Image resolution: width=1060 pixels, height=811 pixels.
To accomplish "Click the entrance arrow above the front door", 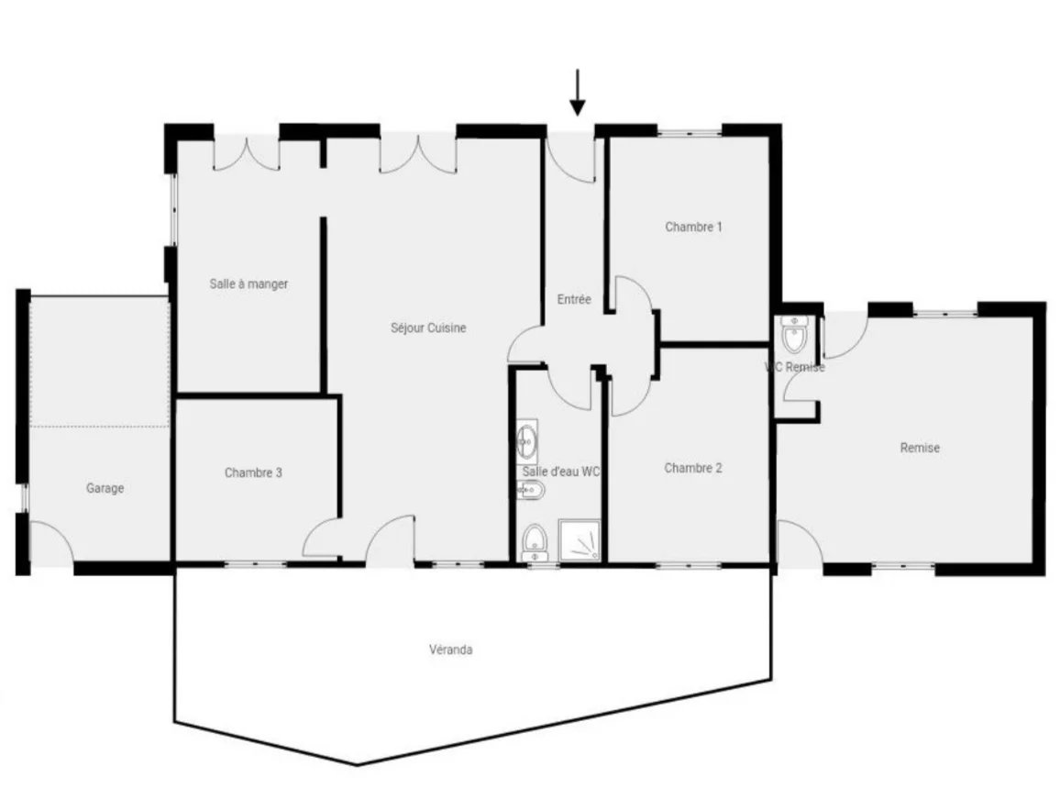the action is tap(577, 93).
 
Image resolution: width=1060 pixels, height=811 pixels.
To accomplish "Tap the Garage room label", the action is tap(105, 488).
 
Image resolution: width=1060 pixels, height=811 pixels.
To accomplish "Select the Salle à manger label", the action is tap(248, 284).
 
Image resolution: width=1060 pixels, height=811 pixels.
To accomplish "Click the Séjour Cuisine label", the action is tap(428, 328).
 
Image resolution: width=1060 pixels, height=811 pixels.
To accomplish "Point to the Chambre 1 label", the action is tap(693, 228).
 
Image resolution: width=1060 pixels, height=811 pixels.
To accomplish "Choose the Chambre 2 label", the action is tap(693, 468).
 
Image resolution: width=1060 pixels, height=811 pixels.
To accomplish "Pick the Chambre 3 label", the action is tap(253, 472).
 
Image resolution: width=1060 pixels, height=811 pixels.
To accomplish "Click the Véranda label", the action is tap(451, 650).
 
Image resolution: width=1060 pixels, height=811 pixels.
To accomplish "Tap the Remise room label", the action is tap(920, 448).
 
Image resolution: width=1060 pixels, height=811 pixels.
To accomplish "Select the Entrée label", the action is tap(574, 299).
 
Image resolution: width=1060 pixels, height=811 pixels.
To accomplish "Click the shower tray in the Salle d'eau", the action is tap(580, 539).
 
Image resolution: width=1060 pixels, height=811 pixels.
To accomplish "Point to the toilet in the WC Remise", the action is tap(794, 333).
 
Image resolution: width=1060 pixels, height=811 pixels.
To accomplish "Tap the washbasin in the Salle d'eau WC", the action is tap(526, 441).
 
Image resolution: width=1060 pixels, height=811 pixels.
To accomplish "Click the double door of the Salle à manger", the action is tap(246, 153).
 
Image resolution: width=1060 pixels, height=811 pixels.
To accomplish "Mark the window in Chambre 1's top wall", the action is tap(690, 132).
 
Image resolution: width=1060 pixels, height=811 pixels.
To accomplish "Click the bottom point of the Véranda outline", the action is tap(357, 765).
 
